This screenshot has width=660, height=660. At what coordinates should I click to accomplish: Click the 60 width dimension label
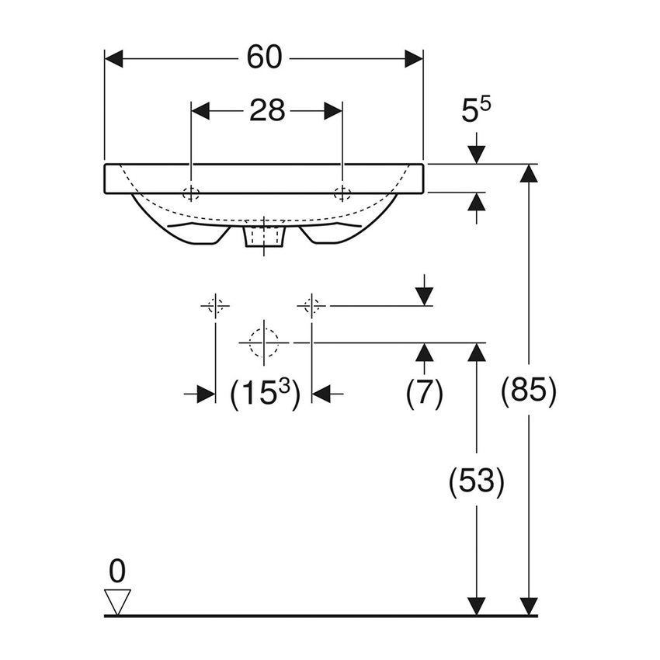(x=264, y=59)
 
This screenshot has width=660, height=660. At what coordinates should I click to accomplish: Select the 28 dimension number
(x=267, y=111)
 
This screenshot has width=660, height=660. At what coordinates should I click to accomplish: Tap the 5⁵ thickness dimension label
(x=477, y=113)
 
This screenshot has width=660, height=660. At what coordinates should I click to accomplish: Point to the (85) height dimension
(x=529, y=391)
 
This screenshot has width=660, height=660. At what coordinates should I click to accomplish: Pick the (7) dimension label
(x=424, y=394)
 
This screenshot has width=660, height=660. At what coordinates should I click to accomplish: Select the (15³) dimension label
(x=264, y=394)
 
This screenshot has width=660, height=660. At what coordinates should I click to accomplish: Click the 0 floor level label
(x=116, y=571)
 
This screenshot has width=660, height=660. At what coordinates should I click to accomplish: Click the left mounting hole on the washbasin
(x=191, y=193)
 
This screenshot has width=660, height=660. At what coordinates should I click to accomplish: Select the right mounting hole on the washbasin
(x=342, y=193)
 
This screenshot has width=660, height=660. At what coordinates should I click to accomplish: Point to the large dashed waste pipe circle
(x=264, y=342)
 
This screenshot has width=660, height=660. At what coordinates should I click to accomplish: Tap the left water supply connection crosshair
(x=215, y=306)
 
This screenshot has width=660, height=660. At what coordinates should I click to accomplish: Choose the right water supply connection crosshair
(x=311, y=306)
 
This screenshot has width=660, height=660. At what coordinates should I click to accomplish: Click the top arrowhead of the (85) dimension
(x=529, y=174)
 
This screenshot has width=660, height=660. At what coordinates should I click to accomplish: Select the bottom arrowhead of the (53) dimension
(x=477, y=606)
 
